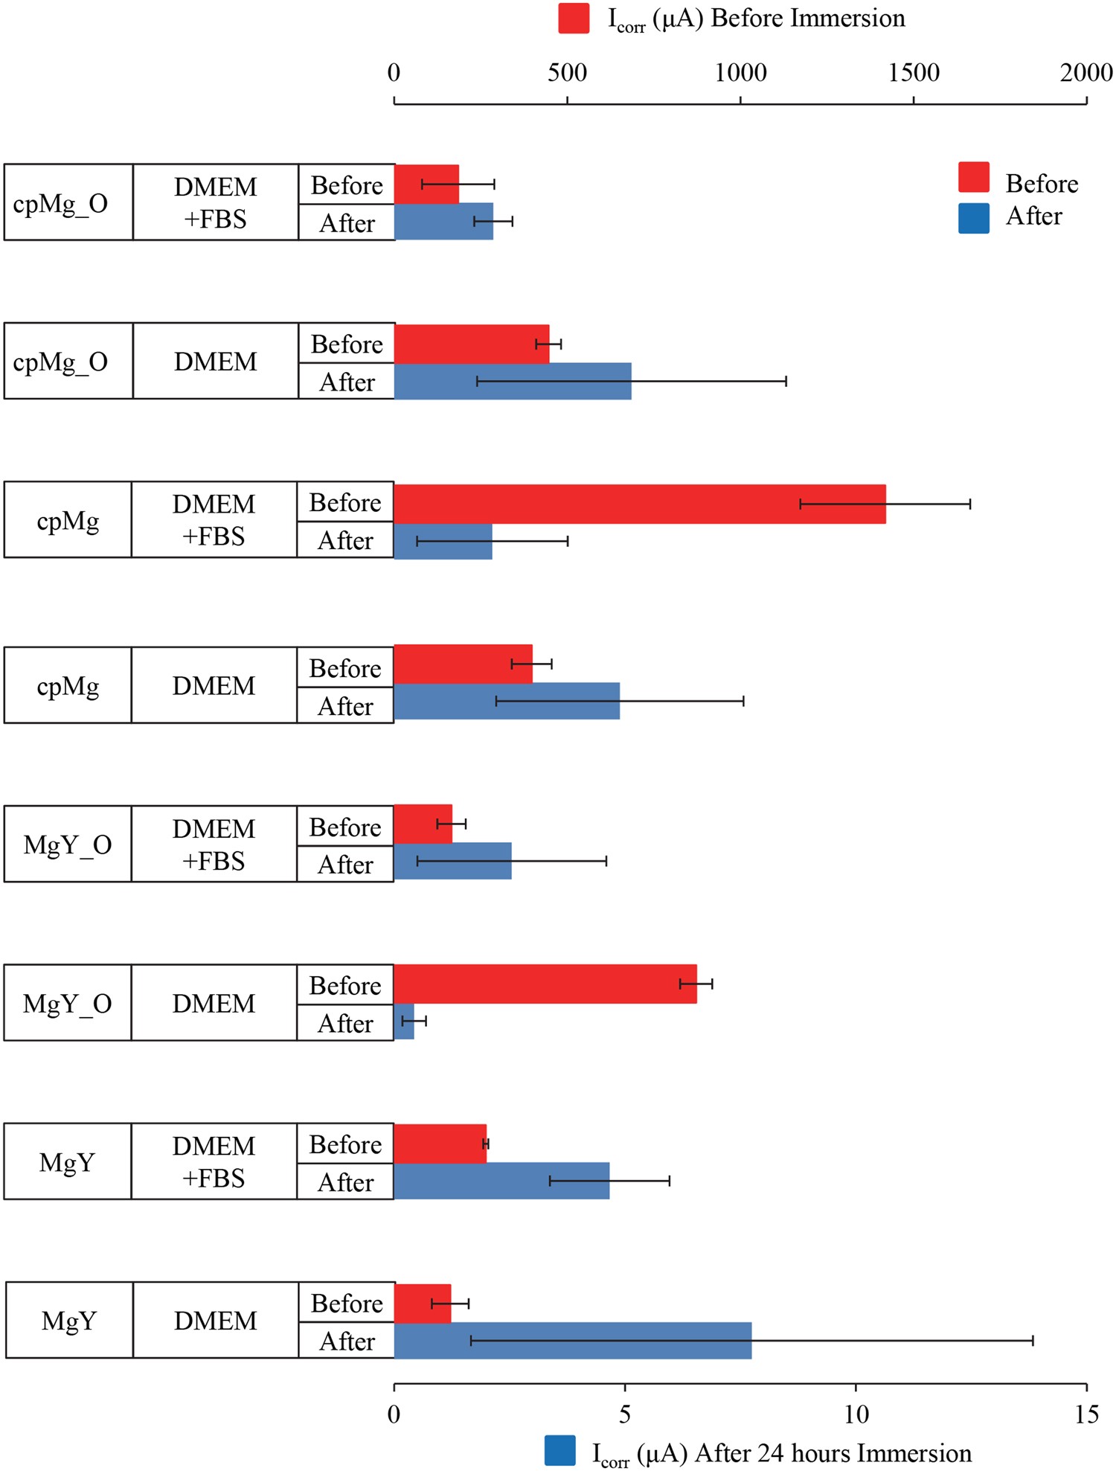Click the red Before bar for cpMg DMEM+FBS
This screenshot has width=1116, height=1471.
coord(640,504)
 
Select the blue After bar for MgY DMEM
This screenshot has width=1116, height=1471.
coord(572,1340)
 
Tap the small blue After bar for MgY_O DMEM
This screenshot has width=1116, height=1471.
coord(404,1022)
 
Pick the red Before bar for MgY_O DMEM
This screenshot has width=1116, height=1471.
coord(545,984)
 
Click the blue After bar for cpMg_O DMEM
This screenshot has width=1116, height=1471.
coord(512,381)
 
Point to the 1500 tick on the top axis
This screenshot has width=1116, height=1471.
coord(914,99)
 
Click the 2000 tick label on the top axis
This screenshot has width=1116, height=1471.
coord(1085,73)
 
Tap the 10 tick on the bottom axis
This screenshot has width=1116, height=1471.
coord(856,1388)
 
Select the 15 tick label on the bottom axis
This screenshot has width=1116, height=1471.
coord(1086,1414)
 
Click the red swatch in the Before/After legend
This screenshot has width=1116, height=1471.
coord(973,178)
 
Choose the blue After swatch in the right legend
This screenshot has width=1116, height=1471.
coord(973,219)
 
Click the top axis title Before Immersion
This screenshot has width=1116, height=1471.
coord(756,19)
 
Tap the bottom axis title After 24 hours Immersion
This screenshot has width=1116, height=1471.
coord(781,1452)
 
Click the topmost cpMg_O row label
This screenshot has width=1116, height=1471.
coord(61,203)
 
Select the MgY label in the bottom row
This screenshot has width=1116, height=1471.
coord(68,1321)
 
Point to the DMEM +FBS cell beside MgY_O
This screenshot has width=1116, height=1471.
coord(214,845)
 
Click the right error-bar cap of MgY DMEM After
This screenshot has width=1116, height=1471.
coord(1033,1340)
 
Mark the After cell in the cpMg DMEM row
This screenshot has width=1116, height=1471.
coord(345,705)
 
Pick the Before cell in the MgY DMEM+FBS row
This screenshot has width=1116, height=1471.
coord(345,1144)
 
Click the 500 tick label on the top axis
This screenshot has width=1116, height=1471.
coord(567,73)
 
